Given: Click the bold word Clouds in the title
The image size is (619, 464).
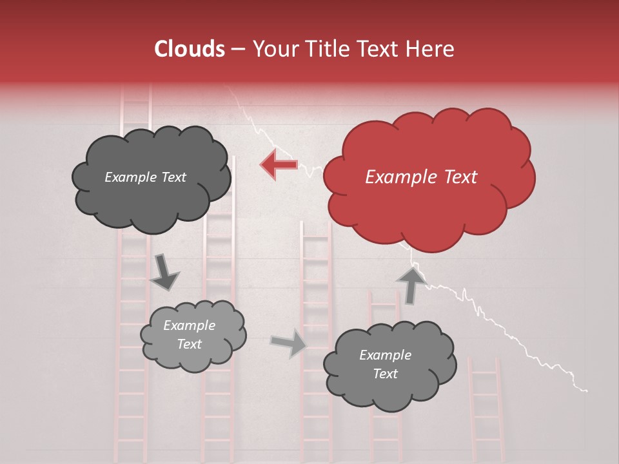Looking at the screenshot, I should pyautogui.click(x=190, y=49).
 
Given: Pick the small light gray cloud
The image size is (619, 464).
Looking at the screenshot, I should pyautogui.click(x=193, y=334).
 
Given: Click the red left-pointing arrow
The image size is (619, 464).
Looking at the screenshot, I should pyautogui.click(x=279, y=164).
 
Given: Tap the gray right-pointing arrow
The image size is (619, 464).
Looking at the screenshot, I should pyautogui.click(x=290, y=343).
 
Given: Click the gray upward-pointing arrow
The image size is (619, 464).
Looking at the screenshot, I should pyautogui.click(x=410, y=284).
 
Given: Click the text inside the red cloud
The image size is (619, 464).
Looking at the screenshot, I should pyautogui.click(x=421, y=177).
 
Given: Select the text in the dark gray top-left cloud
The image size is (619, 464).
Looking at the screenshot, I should pyautogui.click(x=145, y=177).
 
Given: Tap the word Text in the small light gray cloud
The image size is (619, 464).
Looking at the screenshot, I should pyautogui.click(x=189, y=344).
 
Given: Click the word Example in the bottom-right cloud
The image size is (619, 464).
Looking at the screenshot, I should pyautogui.click(x=385, y=355).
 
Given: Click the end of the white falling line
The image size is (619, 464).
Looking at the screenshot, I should pyautogui.click(x=586, y=391).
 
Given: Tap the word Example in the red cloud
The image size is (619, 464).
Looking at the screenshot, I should pyautogui.click(x=395, y=177).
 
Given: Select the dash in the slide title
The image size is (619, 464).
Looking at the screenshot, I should pyautogui.click(x=237, y=49).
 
